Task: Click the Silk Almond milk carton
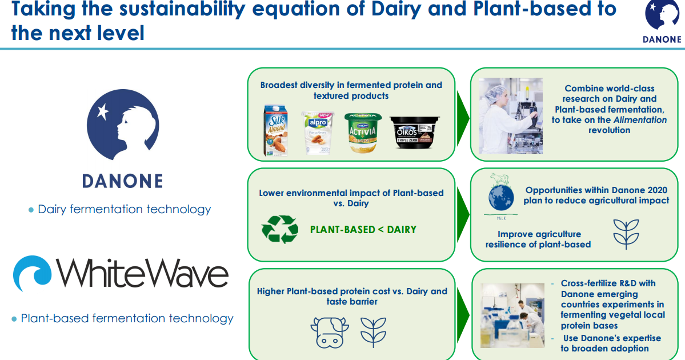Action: pyautogui.click(x=276, y=130)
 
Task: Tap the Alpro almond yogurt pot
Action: pyautogui.click(x=318, y=132)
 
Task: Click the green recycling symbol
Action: pyautogui.click(x=280, y=230)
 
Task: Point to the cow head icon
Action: pyautogui.click(x=330, y=331)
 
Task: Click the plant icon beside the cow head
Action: pyautogui.click(x=374, y=331)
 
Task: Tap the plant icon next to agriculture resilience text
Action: pyautogui.click(x=626, y=234)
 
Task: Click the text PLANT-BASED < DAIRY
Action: pyautogui.click(x=363, y=230)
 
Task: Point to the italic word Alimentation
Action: pyautogui.click(x=640, y=120)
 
